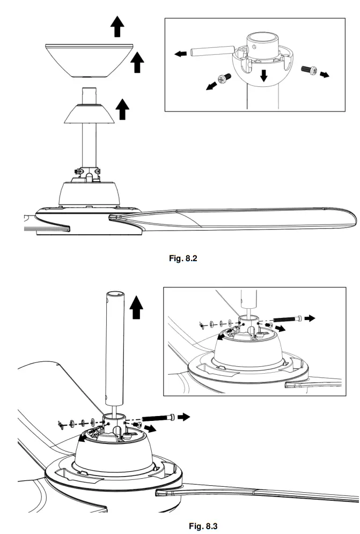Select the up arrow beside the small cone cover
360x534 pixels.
(x=123, y=109)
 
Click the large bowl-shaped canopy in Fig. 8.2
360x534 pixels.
(x=89, y=58)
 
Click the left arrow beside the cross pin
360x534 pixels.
(x=181, y=54)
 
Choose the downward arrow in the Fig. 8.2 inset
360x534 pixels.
(x=263, y=75)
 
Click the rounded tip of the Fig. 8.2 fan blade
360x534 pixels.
(x=351, y=217)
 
